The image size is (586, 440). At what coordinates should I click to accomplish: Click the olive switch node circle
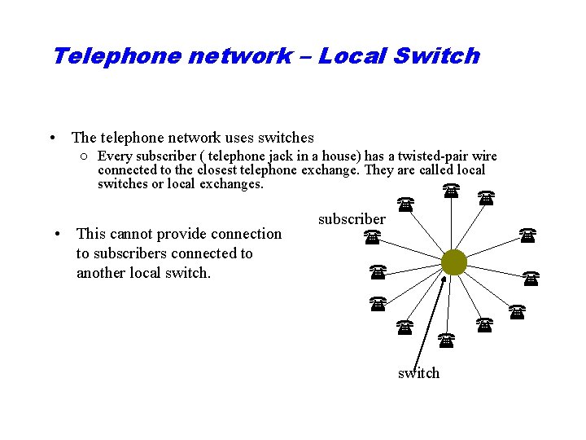click(454, 262)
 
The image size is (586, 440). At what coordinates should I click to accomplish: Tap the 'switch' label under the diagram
click(418, 373)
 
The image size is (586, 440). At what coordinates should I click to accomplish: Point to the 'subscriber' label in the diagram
click(352, 219)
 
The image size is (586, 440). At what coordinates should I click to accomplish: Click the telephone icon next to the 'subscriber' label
click(372, 238)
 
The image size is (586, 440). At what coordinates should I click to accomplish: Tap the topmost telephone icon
click(450, 190)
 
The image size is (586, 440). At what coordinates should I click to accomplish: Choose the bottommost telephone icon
click(445, 338)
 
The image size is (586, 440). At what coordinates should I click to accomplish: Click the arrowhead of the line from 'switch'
click(444, 281)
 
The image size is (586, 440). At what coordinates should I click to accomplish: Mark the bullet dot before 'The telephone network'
click(52, 139)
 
